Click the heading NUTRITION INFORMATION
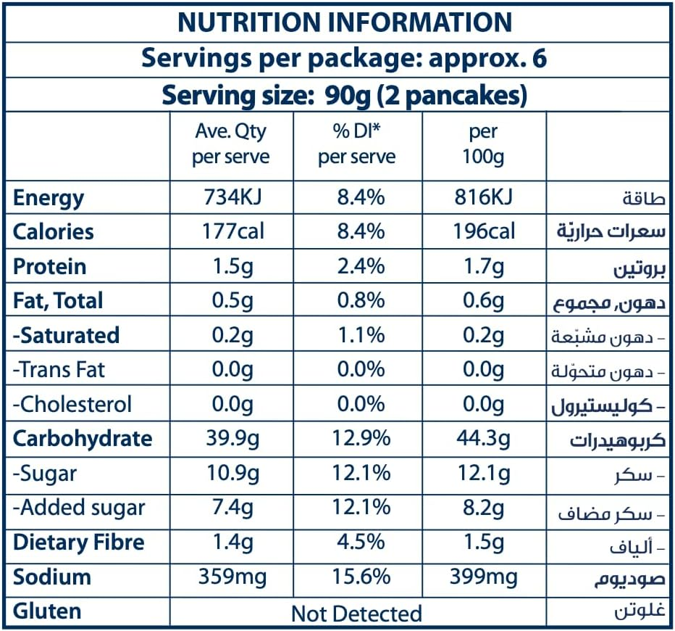(x=345, y=22)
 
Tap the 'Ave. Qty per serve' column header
(x=231, y=144)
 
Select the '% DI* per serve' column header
(x=357, y=144)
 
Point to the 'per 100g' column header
(x=483, y=144)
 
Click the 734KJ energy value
(x=231, y=197)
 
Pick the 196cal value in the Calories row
(x=483, y=231)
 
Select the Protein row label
(x=49, y=266)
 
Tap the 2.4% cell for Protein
(x=357, y=266)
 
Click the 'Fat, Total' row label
(x=58, y=300)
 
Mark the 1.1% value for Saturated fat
(x=357, y=335)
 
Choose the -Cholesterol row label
(x=72, y=404)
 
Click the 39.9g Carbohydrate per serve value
(x=231, y=439)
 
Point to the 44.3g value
(x=483, y=439)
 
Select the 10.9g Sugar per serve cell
(x=231, y=473)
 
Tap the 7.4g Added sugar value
(x=231, y=508)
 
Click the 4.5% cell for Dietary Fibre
(x=357, y=542)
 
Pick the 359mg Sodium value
(x=231, y=577)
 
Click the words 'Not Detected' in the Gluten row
(x=356, y=614)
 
